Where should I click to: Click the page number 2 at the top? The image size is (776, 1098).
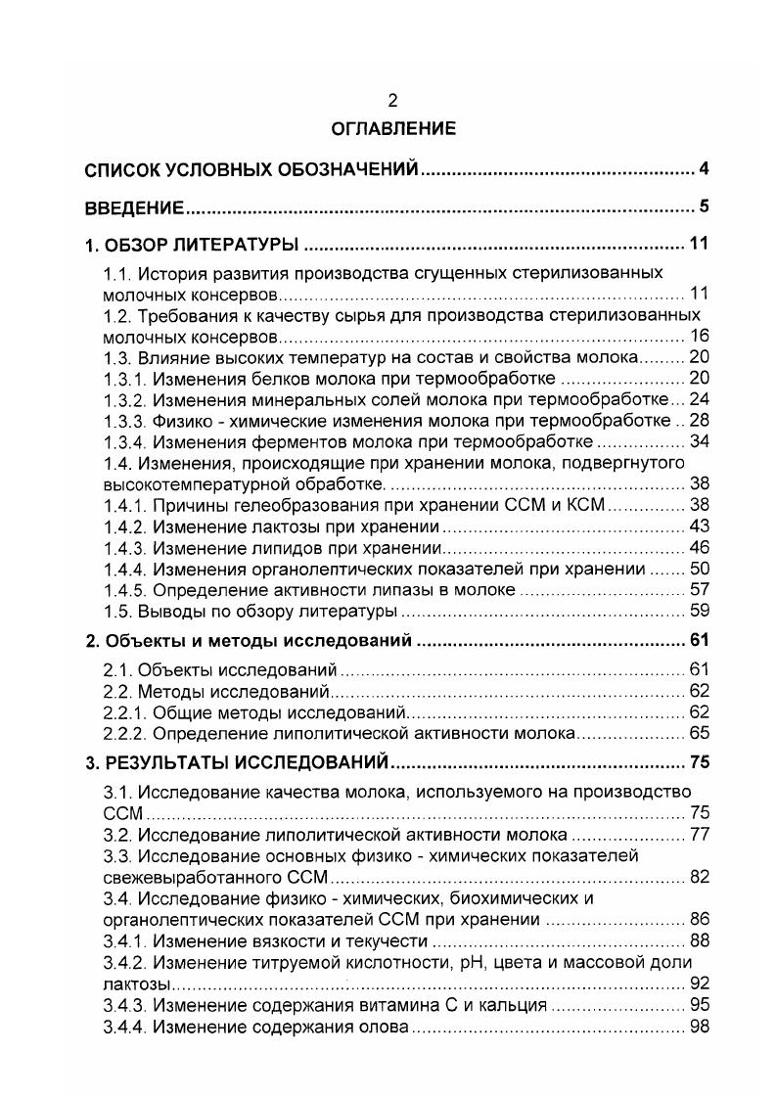(392, 100)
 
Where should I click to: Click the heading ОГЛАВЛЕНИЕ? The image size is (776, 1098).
(392, 128)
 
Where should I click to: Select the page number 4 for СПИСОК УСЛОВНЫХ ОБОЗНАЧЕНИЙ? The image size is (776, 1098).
(704, 170)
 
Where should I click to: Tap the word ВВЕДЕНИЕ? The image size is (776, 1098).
(134, 207)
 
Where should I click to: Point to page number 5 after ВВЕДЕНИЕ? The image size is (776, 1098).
(704, 206)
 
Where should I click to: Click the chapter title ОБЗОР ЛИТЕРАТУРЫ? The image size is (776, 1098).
(201, 244)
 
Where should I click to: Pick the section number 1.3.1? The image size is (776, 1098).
(123, 379)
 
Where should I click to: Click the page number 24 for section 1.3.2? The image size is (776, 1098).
(697, 398)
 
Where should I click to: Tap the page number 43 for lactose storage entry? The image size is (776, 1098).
(697, 526)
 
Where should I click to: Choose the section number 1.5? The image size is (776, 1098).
(117, 612)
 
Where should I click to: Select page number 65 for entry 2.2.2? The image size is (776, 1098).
(697, 733)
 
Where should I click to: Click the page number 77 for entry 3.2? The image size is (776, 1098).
(697, 835)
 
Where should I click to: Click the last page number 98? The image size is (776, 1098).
(697, 1028)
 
